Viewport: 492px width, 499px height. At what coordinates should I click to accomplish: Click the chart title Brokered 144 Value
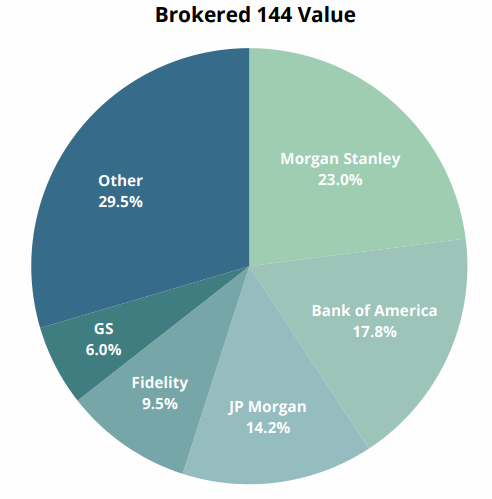click(x=255, y=15)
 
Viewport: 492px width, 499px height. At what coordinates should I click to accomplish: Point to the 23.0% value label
click(x=340, y=180)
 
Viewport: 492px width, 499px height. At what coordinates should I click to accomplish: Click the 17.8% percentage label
click(x=375, y=332)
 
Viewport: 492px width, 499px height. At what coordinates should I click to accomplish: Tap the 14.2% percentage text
click(x=268, y=428)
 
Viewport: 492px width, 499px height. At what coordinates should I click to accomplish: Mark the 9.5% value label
click(x=160, y=404)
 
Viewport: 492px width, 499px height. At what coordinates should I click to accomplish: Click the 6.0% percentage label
click(x=103, y=350)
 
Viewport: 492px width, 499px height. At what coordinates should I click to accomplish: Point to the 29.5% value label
click(x=120, y=202)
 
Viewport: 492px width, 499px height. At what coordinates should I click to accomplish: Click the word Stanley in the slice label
click(x=372, y=159)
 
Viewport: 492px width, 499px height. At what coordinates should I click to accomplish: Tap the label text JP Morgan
click(x=267, y=407)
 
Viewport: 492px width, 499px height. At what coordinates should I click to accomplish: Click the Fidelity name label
click(x=160, y=383)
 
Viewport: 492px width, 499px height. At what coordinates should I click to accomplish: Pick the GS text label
click(x=104, y=329)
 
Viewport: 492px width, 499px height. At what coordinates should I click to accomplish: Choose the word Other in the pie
click(x=120, y=181)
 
